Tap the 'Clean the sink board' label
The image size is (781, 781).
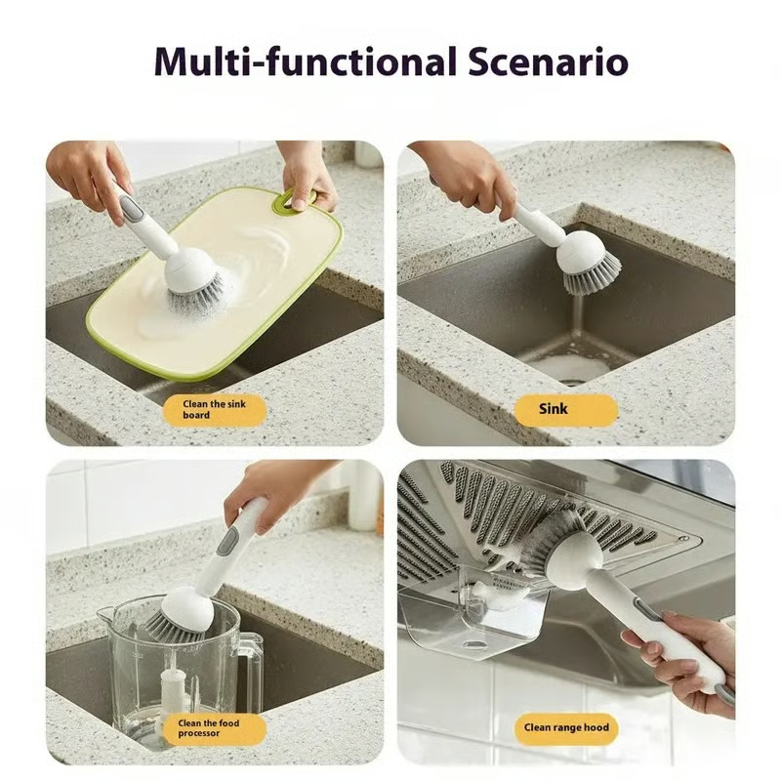tap(214, 410)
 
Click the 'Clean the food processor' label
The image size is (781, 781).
tap(214, 729)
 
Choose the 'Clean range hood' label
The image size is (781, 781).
tap(566, 727)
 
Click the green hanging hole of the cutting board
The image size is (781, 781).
tap(284, 201)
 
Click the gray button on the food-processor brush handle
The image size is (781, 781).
tap(224, 539)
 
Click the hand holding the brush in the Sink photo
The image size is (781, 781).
tap(469, 176)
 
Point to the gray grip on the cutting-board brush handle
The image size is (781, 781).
tap(131, 207)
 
